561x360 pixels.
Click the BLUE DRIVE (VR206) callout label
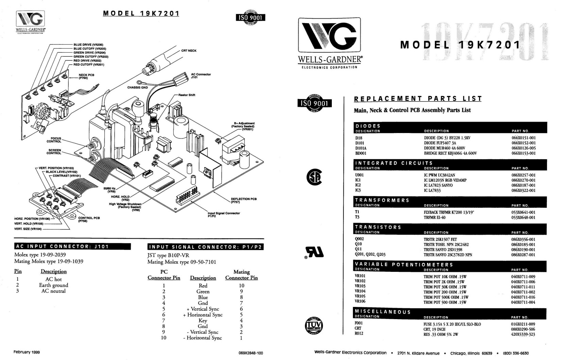point(88,45)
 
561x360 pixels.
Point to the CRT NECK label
point(189,51)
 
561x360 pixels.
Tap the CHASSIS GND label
point(138,87)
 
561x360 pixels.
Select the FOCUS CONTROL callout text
point(54,140)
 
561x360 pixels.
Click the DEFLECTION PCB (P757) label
point(243,200)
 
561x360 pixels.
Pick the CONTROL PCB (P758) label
point(89,219)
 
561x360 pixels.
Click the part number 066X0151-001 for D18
point(524,138)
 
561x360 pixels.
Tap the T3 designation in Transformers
point(357,217)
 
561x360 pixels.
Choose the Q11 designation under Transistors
point(358,249)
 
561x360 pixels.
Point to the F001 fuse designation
point(359,323)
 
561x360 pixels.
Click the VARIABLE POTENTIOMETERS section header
point(404,264)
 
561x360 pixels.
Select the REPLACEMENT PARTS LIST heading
point(418,99)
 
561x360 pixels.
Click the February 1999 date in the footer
point(27,352)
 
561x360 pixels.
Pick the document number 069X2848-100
point(251,353)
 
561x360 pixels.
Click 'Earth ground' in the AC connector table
point(53,285)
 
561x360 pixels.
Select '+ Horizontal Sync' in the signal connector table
point(203,315)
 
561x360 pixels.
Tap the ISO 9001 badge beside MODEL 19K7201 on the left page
point(250,18)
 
